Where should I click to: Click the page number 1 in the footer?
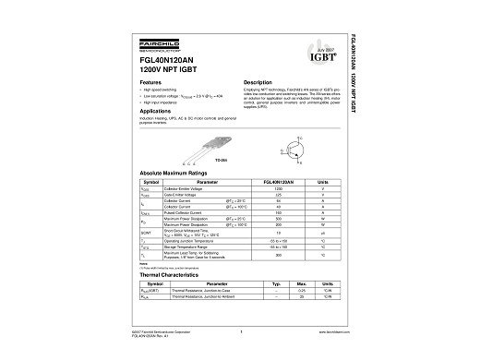point(240,330)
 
